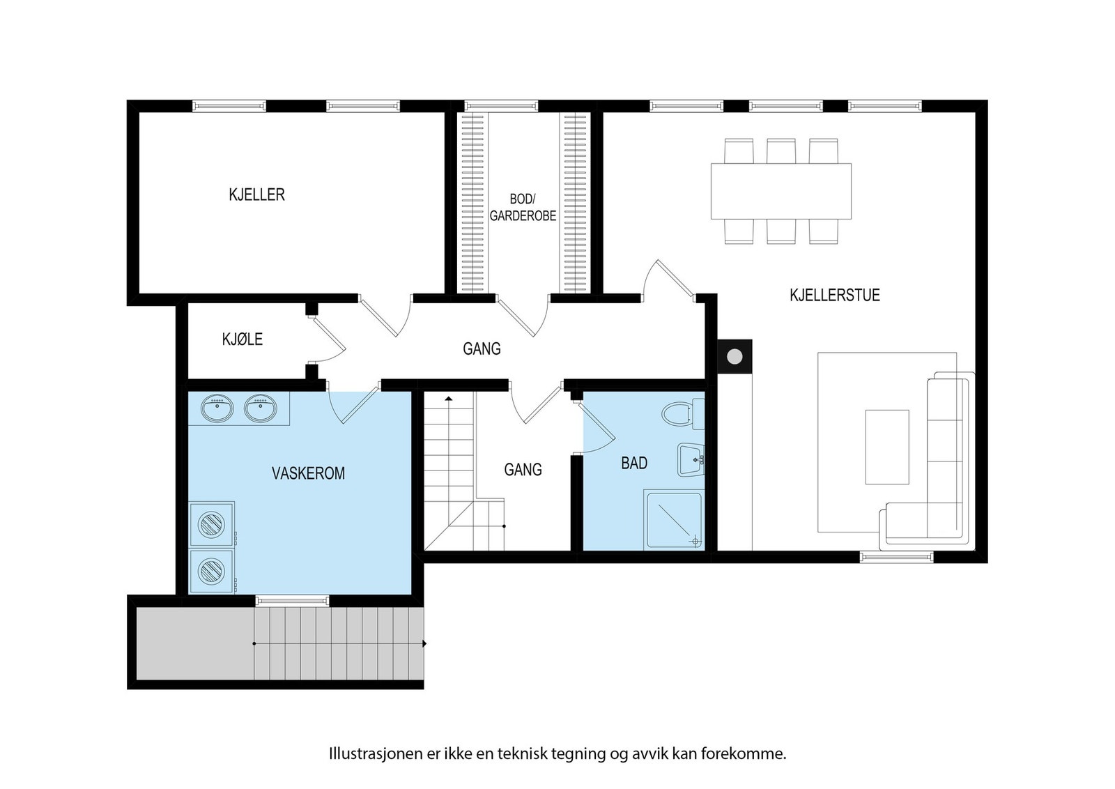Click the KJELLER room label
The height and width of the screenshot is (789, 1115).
tap(256, 194)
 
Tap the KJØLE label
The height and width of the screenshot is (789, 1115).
tap(242, 339)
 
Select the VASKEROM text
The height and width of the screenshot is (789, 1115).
tap(308, 473)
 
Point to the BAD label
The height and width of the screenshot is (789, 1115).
tap(634, 463)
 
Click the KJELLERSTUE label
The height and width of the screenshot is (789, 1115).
tap(835, 295)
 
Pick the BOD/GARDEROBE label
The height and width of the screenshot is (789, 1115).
tap(523, 207)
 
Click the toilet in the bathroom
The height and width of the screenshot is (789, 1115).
tap(683, 413)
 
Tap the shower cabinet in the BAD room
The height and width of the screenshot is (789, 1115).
tap(673, 520)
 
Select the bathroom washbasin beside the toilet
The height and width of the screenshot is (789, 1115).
tap(691, 459)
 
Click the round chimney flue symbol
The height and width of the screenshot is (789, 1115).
tap(735, 356)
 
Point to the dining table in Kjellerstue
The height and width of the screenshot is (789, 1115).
tap(781, 191)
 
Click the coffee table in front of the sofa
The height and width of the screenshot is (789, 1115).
tap(887, 447)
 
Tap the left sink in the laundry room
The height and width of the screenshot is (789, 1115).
tap(217, 408)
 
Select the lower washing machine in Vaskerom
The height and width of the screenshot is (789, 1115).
tap(211, 570)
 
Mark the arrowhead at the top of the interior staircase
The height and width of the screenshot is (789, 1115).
tap(449, 398)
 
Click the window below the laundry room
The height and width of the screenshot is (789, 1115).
tap(293, 601)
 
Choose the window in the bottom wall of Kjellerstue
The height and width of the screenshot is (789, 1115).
tap(896, 557)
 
